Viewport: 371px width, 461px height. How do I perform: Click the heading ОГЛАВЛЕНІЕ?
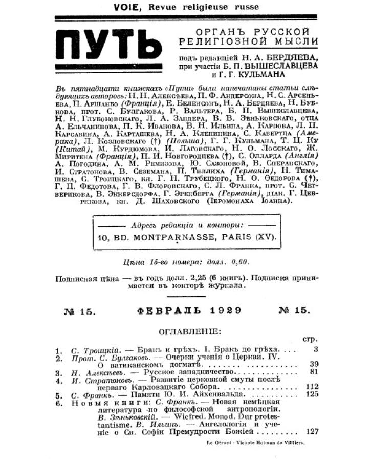[190, 331]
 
